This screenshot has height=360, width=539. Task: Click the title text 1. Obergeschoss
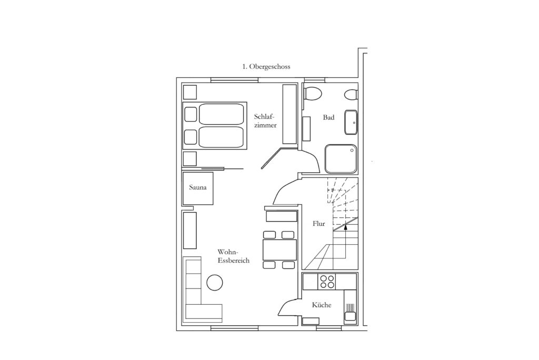pyautogui.click(x=266, y=67)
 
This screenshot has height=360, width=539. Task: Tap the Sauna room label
pyautogui.click(x=198, y=187)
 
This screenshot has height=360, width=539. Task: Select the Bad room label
pyautogui.click(x=328, y=117)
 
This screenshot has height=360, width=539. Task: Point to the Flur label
pyautogui.click(x=318, y=224)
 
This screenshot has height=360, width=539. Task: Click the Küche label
pyautogui.click(x=322, y=305)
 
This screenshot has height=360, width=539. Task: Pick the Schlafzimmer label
pyautogui.click(x=265, y=121)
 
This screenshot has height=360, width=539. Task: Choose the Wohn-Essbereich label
pyautogui.click(x=233, y=256)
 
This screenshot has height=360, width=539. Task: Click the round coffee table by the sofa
pyautogui.click(x=215, y=283)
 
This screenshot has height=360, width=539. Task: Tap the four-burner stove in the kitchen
pyautogui.click(x=327, y=282)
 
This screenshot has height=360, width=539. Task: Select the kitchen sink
pyautogui.click(x=350, y=312)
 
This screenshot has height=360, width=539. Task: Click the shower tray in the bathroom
pyautogui.click(x=341, y=158)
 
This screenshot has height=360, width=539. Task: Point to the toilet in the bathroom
pyautogui.click(x=313, y=94)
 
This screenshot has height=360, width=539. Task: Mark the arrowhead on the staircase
pyautogui.click(x=345, y=226)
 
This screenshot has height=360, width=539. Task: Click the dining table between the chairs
pyautogui.click(x=280, y=250)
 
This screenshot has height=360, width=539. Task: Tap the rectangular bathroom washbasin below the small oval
pyautogui.click(x=351, y=123)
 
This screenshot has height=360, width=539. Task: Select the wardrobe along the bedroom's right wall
pyautogui.click(x=290, y=114)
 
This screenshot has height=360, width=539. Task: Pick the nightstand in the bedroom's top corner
pyautogui.click(x=189, y=92)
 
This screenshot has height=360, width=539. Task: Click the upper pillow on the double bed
pyautogui.click(x=191, y=114)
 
